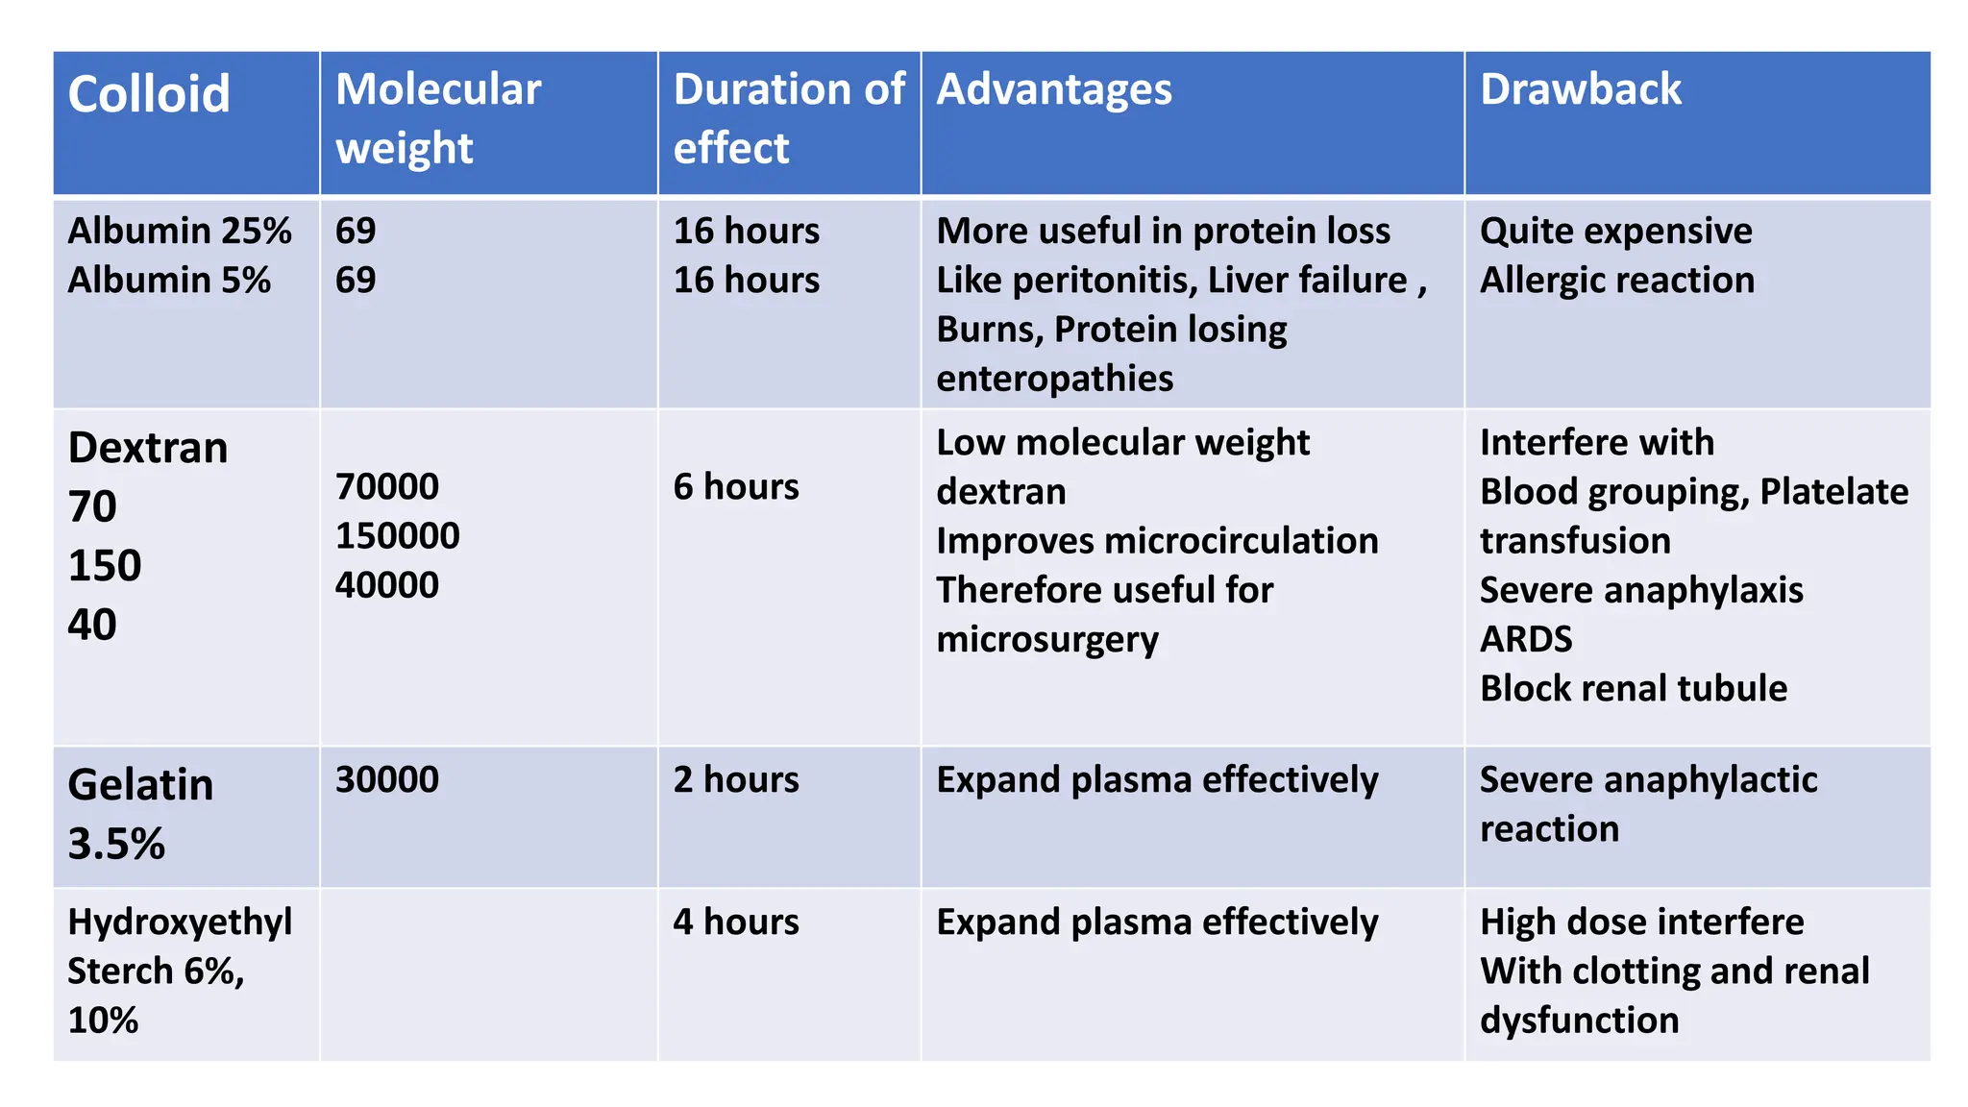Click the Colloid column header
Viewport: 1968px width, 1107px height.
149,94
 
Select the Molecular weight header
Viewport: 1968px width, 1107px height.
438,118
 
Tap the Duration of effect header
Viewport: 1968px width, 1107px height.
788,118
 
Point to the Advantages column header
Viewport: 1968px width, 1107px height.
1054,89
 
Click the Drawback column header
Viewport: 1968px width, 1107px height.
1581,89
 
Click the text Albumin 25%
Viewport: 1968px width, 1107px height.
180,231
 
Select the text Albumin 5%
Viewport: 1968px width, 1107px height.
169,280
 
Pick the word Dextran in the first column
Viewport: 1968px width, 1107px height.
148,448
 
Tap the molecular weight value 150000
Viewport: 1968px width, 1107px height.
397,535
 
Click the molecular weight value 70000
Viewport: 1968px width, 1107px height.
386,486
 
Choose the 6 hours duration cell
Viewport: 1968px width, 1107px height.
736,486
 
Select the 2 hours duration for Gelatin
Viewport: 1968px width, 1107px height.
736,779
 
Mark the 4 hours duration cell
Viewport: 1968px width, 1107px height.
736,922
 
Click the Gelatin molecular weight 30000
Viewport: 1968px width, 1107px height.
386,779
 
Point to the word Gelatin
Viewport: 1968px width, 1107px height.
140,785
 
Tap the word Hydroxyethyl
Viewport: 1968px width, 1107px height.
180,922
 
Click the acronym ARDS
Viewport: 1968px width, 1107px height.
1526,639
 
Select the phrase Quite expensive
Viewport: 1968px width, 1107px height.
1615,231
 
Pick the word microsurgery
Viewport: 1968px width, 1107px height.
1047,639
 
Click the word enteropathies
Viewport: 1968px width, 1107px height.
1054,379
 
